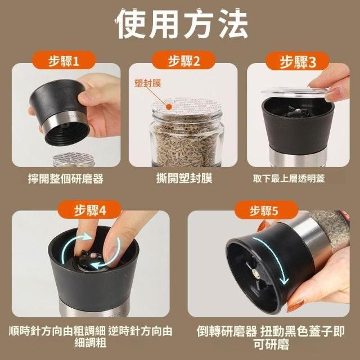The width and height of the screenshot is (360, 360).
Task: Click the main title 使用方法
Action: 181,24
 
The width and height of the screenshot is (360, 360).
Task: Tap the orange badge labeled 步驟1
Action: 64,61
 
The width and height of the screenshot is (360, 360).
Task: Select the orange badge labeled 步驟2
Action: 183,61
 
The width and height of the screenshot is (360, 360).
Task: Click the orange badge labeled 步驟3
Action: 298,61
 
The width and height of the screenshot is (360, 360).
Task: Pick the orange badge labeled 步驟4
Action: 90,210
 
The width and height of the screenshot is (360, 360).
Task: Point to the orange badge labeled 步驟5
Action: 266,210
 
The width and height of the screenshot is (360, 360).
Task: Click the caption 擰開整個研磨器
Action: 66,179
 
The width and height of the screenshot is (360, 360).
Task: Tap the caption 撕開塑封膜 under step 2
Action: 184,178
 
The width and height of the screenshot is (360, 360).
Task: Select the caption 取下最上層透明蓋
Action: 289,178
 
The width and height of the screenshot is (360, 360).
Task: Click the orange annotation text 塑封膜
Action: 147,83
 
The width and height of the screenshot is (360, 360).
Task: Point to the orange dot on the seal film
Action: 169,106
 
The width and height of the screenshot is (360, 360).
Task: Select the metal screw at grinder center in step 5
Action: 255,273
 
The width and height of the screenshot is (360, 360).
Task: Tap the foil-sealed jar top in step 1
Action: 74,159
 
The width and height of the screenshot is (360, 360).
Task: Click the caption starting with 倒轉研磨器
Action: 271,337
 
